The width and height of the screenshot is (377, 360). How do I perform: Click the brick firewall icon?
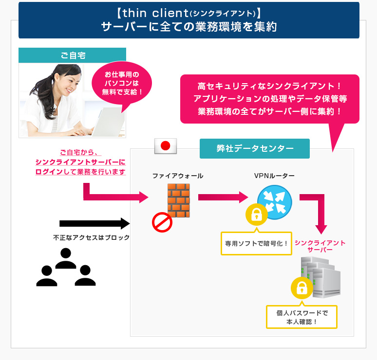pyautogui.click(x=178, y=199)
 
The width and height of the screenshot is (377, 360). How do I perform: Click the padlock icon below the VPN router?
pyautogui.click(x=256, y=214)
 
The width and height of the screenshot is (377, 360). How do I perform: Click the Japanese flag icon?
pyautogui.click(x=165, y=146)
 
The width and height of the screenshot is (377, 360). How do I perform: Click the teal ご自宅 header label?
pyautogui.click(x=73, y=55)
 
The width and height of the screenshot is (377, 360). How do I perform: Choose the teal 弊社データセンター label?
pyautogui.click(x=255, y=148)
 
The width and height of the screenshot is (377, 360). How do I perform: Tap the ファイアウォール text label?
pyautogui.click(x=177, y=176)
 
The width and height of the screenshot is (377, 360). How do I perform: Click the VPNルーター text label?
pyautogui.click(x=274, y=176)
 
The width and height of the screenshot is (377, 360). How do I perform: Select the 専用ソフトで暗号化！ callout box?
pyautogui.click(x=256, y=242)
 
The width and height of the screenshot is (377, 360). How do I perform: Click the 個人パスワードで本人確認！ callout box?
pyautogui.click(x=302, y=316)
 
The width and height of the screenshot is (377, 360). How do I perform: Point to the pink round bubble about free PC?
pyautogui.click(x=122, y=83)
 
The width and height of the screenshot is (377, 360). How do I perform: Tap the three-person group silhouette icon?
pyautogui.click(x=66, y=269)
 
